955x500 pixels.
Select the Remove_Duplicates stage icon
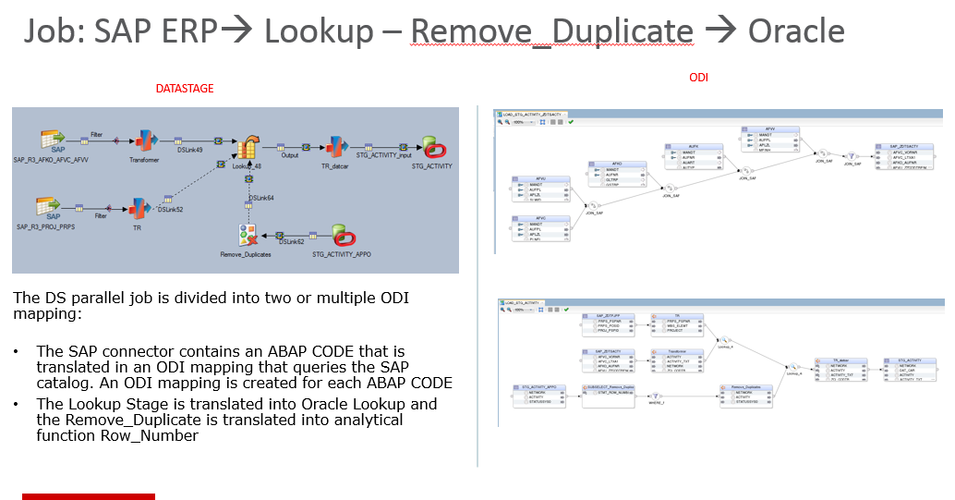click(x=245, y=235)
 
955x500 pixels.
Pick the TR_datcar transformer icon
click(x=333, y=145)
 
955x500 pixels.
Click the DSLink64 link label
click(x=261, y=199)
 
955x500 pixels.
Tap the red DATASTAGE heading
click(x=184, y=89)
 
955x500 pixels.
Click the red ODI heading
click(x=699, y=79)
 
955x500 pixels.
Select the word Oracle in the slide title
click(x=795, y=31)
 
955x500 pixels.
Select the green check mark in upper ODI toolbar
click(x=571, y=121)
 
